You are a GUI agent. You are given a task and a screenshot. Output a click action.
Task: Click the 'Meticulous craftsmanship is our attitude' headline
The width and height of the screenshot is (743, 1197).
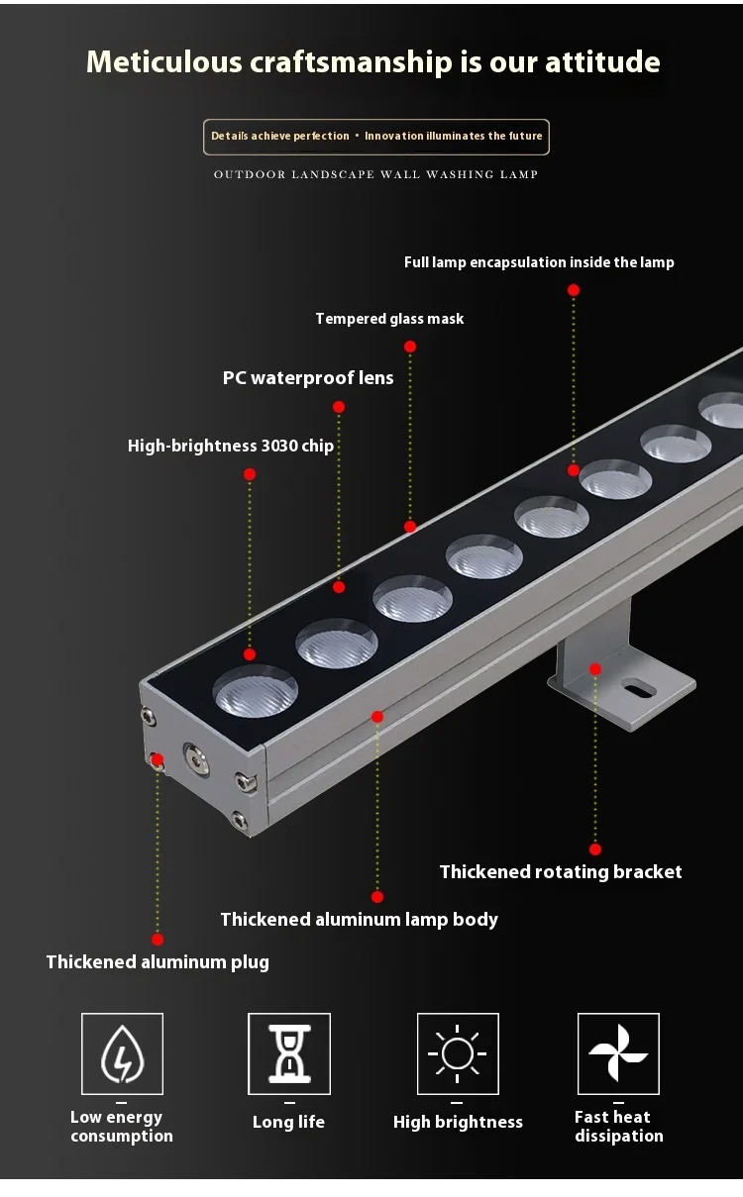pos(372,61)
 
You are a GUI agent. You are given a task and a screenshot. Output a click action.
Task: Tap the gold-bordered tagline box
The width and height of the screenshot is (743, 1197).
pos(375,137)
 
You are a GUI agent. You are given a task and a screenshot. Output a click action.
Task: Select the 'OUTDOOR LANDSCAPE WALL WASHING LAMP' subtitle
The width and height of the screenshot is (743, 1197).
pos(375,174)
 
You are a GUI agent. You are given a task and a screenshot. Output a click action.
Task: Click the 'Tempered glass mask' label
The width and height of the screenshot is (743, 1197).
pos(389,319)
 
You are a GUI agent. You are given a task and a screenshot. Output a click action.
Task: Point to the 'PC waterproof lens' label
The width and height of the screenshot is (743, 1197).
pos(308,378)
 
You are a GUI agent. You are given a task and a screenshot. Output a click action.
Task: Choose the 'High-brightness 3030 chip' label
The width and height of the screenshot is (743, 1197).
pos(231,446)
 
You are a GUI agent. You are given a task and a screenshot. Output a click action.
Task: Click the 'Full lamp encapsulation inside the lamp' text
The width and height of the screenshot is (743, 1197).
pos(539,262)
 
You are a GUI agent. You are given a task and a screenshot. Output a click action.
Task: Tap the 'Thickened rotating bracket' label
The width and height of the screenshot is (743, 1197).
pos(561,872)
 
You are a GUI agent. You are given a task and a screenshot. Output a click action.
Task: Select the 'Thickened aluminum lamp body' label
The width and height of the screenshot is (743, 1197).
pos(359,920)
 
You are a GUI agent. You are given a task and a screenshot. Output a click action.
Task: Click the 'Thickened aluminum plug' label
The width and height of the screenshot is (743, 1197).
pos(158,962)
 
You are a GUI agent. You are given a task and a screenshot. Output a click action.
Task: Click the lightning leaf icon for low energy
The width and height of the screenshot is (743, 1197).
pos(122,1054)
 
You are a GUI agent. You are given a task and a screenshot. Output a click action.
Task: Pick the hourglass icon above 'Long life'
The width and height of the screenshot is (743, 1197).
pos(288,1054)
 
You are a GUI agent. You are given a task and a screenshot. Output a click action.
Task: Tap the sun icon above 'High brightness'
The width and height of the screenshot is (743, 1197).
pos(458,1054)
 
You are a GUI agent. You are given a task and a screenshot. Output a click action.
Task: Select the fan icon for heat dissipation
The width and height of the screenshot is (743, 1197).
pos(618,1054)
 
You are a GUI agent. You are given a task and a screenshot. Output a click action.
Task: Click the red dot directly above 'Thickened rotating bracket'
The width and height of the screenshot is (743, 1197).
pos(595,849)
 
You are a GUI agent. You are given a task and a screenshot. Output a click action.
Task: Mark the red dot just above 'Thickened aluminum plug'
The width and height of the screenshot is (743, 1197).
pos(158,940)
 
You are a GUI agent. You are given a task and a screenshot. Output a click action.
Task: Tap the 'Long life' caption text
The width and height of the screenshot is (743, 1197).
pos(288,1123)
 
